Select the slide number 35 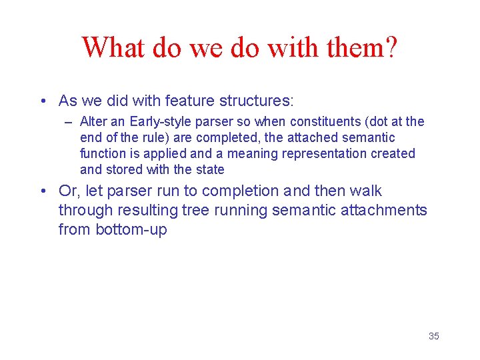click(433, 336)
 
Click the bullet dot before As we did click(43, 101)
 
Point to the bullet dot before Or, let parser click(43, 191)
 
